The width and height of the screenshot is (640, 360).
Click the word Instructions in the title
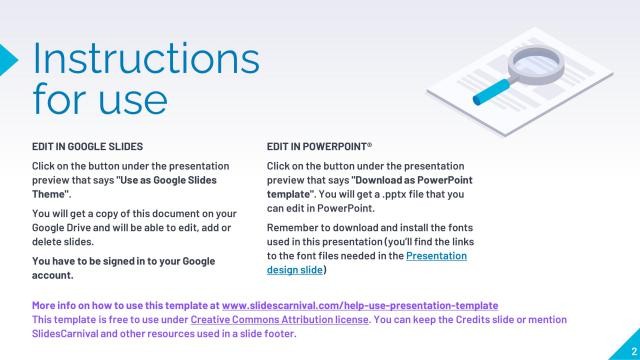coord(146,59)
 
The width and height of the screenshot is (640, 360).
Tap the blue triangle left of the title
coord(8,58)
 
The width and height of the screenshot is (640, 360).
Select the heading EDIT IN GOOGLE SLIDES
coord(87,146)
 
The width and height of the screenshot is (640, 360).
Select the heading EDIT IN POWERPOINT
coord(319,146)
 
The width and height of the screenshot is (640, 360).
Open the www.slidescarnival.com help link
coord(360,304)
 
